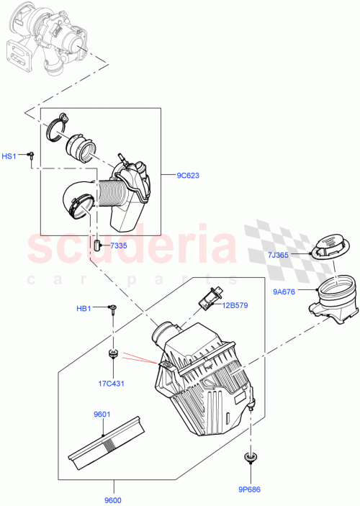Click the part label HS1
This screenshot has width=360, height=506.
[x=10, y=155]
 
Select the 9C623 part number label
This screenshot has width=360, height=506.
[x=189, y=174]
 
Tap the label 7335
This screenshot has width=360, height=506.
[x=118, y=246]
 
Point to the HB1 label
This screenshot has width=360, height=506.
[x=84, y=309]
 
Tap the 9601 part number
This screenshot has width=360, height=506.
[x=102, y=414]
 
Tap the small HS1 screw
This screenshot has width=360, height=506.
[x=32, y=155]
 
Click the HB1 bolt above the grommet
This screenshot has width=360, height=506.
[x=114, y=310]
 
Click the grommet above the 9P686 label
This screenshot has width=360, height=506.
[x=251, y=458]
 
